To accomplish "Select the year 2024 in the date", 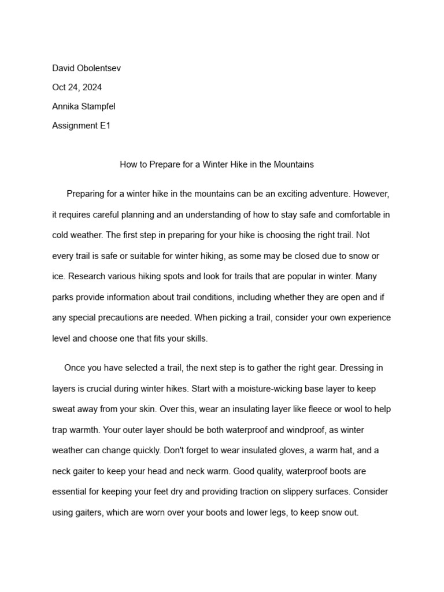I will click(91, 87).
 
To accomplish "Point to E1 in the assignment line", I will click(105, 125).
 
